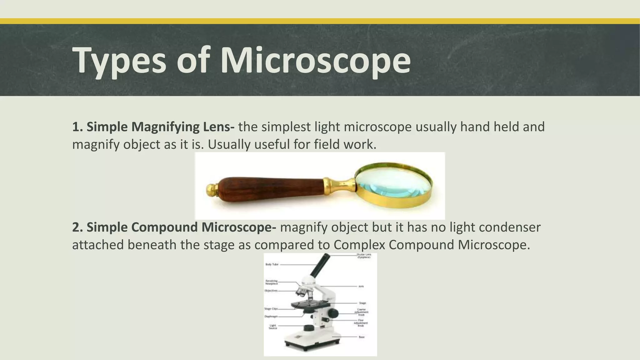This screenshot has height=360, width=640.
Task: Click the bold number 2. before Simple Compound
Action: [x=77, y=227]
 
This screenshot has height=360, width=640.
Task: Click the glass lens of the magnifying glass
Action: [x=394, y=184]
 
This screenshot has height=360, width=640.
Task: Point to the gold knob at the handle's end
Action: [x=212, y=189]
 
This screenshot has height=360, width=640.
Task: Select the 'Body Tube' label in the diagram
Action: [x=272, y=264]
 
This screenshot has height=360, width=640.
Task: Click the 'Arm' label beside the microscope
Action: [x=361, y=286]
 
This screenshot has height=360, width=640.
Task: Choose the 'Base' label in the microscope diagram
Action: [x=362, y=337]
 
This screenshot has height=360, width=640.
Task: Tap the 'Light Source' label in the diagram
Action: [x=273, y=327]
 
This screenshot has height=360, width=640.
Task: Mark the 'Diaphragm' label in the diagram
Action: [x=271, y=316]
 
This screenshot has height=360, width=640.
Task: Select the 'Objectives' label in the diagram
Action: [x=271, y=291]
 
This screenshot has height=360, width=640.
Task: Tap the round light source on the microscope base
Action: [x=309, y=328]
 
